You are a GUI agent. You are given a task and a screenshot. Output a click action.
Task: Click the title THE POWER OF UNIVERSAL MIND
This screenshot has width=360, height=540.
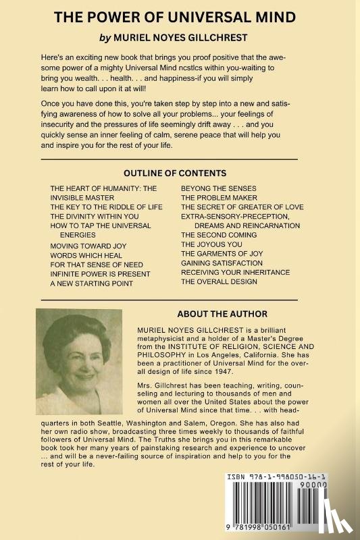[180, 18]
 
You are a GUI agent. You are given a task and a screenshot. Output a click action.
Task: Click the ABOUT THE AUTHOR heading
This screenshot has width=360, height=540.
[222, 314]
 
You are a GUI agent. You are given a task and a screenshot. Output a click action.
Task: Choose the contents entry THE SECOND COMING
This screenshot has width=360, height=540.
[219, 235]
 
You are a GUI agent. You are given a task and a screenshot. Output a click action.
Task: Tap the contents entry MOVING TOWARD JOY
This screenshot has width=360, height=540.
[88, 246]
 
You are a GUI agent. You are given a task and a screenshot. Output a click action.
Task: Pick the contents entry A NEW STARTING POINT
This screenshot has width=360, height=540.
[92, 283]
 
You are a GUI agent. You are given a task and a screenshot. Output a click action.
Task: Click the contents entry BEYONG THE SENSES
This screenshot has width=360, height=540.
[218, 188]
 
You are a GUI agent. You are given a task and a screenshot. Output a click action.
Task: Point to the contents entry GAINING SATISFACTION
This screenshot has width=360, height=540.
[222, 263]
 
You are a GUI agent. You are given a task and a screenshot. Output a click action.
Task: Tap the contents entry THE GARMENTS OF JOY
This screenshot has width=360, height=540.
[222, 253]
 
